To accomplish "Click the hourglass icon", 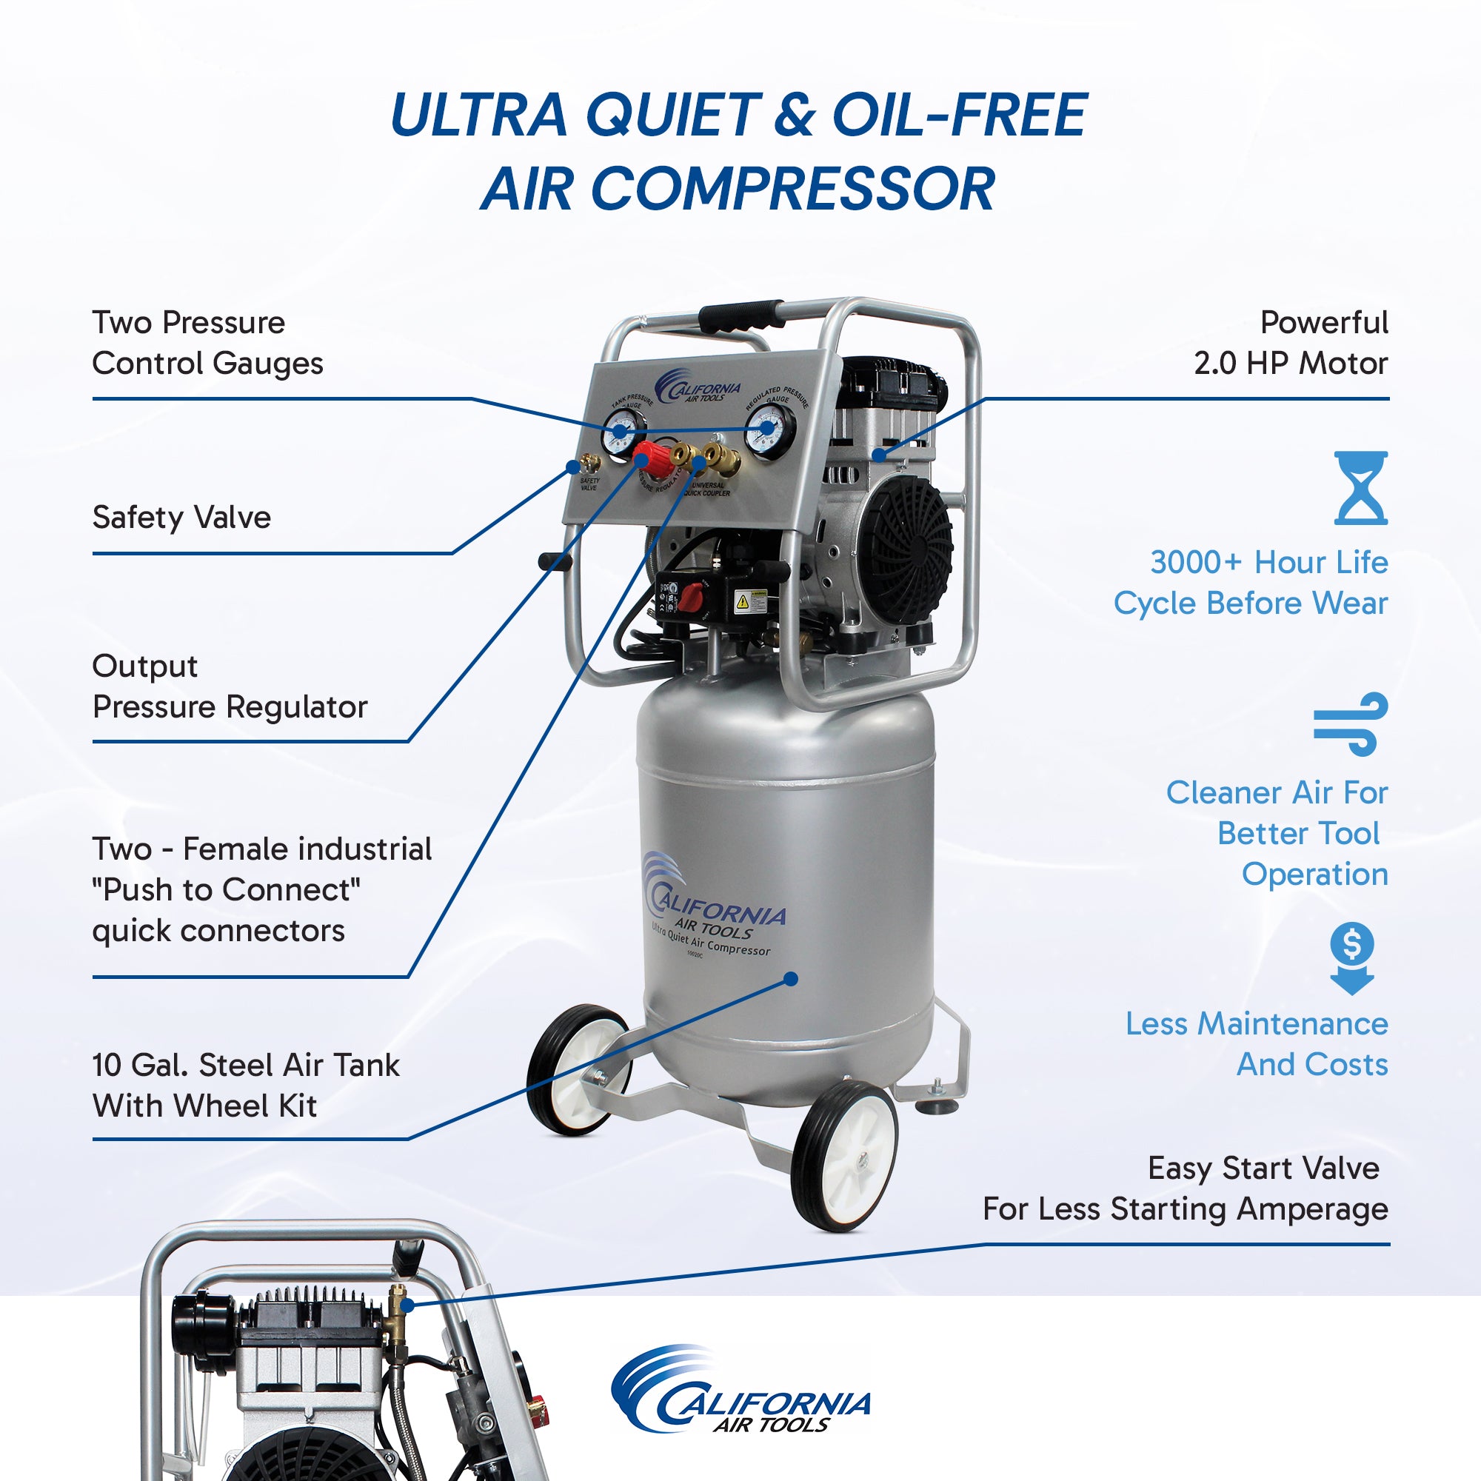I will point(1360,488).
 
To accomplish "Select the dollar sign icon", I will point(1352,957).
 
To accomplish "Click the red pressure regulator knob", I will point(655,458).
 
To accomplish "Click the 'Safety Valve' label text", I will point(181,518).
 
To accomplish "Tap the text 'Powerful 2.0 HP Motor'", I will point(1291,343).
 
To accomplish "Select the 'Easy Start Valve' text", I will point(1263,1169).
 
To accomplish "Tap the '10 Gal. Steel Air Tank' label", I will point(245,1066).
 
